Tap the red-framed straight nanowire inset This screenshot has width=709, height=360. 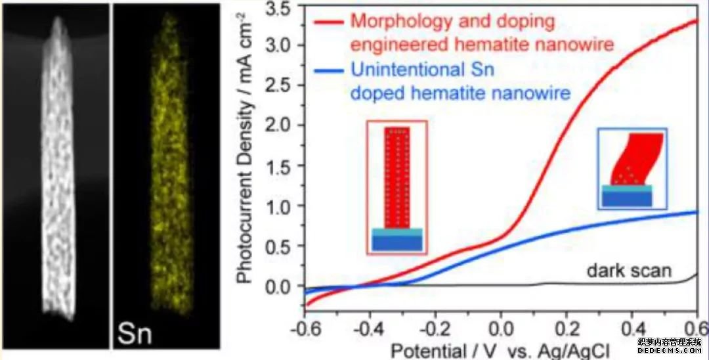[x=397, y=186]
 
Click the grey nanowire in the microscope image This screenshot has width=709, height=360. [x=58, y=164]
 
